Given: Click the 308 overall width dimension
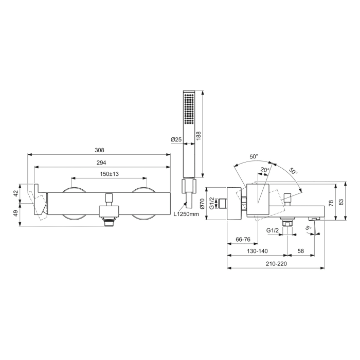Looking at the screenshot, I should pyautogui.click(x=100, y=150).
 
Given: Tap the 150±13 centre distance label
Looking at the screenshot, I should pyautogui.click(x=109, y=174).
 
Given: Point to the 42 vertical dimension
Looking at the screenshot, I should pyautogui.click(x=16, y=193).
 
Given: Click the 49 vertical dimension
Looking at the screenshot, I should pyautogui.click(x=16, y=213).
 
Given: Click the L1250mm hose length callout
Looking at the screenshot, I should pyautogui.click(x=186, y=214).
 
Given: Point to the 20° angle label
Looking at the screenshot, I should pyautogui.click(x=264, y=170).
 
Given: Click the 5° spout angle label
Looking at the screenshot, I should pyautogui.click(x=309, y=227).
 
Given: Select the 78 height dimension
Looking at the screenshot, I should pyautogui.click(x=331, y=203).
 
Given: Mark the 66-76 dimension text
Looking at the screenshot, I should pyautogui.click(x=243, y=240).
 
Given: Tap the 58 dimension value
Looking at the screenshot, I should pyautogui.click(x=300, y=251).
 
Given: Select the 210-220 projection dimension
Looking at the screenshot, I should pyautogui.click(x=276, y=264).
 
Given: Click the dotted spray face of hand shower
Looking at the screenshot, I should pyautogui.click(x=189, y=111).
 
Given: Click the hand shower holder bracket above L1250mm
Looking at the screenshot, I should pyautogui.click(x=188, y=186).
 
